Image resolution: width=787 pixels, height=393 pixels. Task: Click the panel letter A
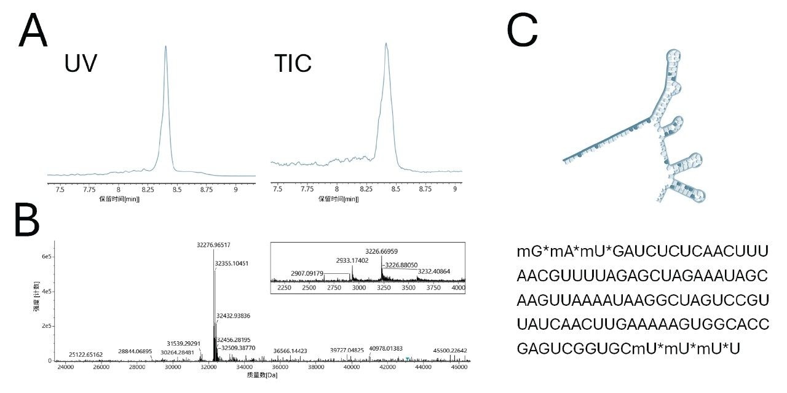(x=33, y=31)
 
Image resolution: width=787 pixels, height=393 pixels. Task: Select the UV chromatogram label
(x=81, y=64)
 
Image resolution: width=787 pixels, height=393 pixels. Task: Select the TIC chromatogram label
(x=293, y=63)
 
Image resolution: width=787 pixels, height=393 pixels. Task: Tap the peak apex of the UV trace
(x=165, y=46)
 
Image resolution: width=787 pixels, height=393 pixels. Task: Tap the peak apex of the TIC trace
(x=386, y=44)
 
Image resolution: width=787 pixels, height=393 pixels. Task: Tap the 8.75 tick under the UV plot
(x=206, y=190)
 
